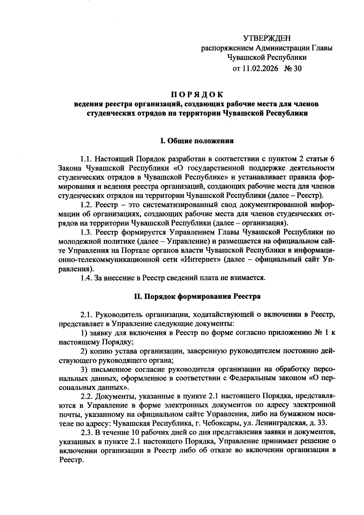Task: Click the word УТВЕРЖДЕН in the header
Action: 267,38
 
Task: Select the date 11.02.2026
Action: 260,69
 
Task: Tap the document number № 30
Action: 293,69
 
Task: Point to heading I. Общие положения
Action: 197,141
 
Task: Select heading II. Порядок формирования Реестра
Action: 197,296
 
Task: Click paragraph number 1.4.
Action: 86,278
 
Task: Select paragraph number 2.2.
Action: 86,396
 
